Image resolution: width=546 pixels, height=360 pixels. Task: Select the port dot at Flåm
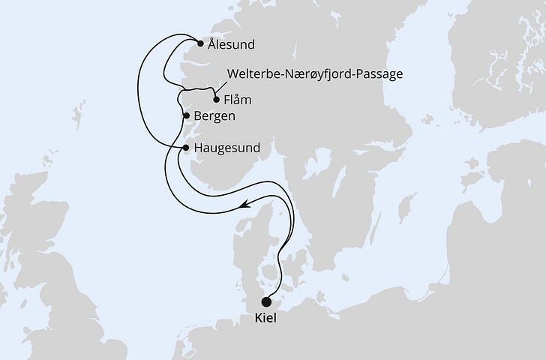(x=216, y=100)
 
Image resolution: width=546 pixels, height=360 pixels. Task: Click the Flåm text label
(x=238, y=100)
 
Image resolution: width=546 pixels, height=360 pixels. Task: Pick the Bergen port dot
(x=185, y=115)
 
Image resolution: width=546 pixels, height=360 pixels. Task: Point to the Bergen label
(x=215, y=116)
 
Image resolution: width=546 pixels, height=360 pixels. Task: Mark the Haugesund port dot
(x=185, y=148)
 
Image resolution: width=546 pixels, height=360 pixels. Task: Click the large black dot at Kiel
(x=266, y=303)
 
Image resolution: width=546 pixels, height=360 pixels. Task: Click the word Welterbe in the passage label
(x=250, y=74)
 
